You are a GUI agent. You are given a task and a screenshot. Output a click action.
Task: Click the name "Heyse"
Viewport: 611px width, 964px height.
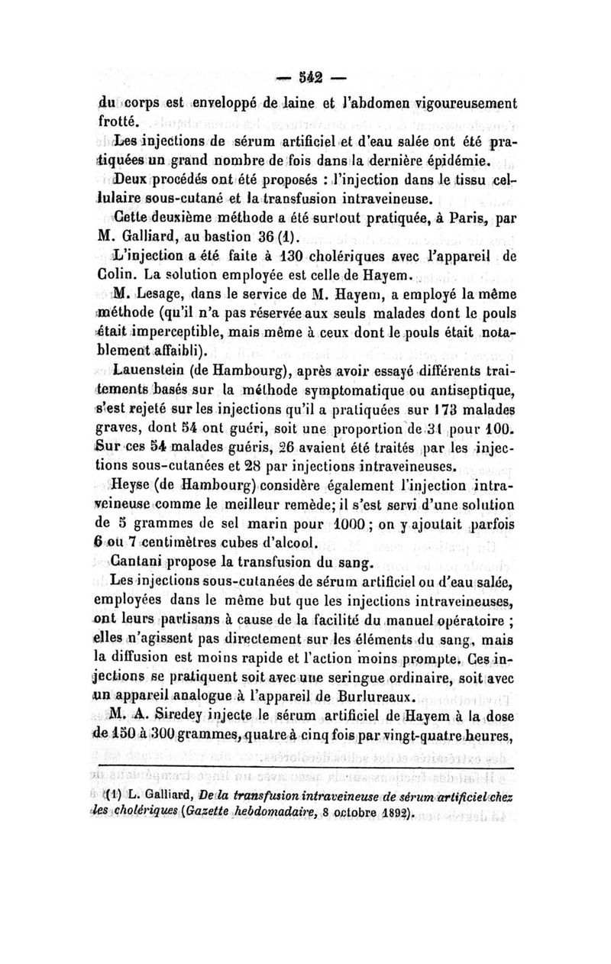coord(135,484)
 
